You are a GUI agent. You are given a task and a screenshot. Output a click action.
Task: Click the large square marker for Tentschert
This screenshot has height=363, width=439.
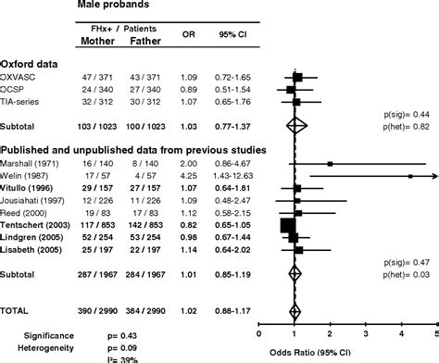click(x=288, y=224)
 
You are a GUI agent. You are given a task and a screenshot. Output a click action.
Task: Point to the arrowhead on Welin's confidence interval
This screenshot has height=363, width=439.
click(x=433, y=175)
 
